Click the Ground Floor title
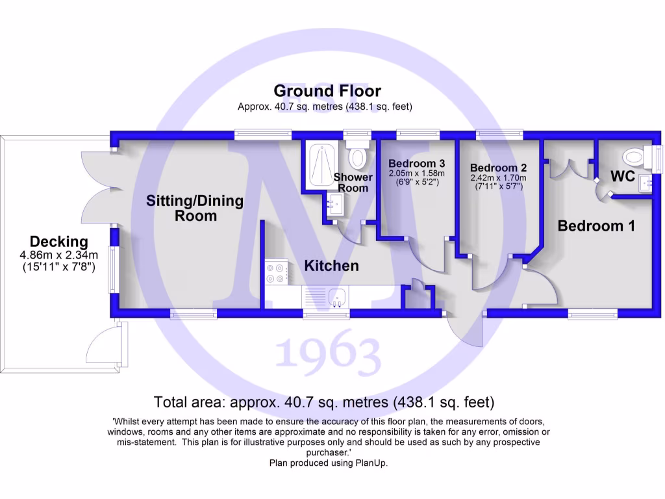coord(327,91)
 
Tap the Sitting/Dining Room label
coord(195,208)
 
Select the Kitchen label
coord(331,266)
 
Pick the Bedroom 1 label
coord(596,226)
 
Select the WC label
coord(623,176)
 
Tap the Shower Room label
coord(353,183)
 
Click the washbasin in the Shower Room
coord(336,206)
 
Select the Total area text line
coord(324,402)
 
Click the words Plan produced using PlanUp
coord(328,463)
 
